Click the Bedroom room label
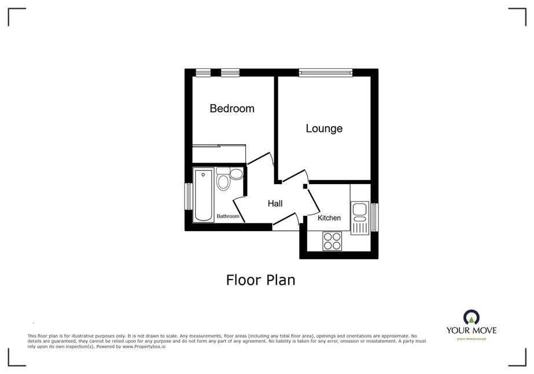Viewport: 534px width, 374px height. [232, 108]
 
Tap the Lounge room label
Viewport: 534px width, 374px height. [324, 129]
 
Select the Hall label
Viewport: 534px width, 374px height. [275, 204]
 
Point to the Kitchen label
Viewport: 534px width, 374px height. [329, 218]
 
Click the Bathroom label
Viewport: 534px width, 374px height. [228, 216]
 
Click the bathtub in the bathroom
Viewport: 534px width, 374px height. [203, 195]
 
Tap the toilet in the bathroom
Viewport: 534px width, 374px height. [223, 179]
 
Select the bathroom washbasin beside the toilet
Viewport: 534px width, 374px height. [236, 174]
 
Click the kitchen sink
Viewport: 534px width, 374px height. [360, 218]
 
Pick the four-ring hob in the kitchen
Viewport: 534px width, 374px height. [333, 241]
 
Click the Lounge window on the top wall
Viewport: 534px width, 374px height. [325, 72]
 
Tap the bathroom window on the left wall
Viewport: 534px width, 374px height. [188, 197]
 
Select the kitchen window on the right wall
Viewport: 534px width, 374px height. [375, 217]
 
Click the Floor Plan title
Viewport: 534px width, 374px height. [260, 280]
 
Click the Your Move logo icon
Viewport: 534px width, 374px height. [472, 317]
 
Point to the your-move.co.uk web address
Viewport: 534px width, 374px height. [472, 339]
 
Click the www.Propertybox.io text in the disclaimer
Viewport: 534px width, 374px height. [143, 346]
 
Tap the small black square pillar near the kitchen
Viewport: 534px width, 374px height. [305, 186]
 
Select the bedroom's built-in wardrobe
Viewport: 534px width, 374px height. [219, 154]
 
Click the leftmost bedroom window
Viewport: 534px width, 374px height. [203, 72]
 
